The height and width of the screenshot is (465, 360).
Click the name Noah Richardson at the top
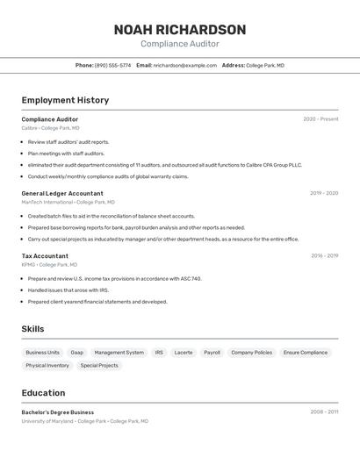point(179,29)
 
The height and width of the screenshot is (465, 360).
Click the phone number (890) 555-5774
point(112,65)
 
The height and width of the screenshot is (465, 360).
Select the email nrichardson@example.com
point(185,65)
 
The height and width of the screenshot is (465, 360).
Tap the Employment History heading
point(65,100)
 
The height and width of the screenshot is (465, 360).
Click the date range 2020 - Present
point(320,119)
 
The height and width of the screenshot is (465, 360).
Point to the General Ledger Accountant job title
point(62,193)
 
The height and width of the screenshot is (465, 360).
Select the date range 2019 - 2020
point(324,193)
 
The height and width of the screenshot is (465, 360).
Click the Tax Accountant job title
point(45,256)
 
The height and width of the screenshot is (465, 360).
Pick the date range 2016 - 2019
point(324,256)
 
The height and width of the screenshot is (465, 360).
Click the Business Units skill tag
point(43,353)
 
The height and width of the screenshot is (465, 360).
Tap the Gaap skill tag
point(77,353)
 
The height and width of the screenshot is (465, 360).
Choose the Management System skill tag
point(119,353)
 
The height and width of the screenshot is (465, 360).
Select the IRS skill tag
point(159,353)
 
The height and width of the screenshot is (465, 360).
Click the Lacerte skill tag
point(184,353)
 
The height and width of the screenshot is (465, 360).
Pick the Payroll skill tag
point(212,353)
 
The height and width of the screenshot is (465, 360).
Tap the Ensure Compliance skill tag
point(305,353)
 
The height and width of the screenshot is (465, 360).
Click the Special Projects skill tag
point(99,366)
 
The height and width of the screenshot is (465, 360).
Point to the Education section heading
point(43,393)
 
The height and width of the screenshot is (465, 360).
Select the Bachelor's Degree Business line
point(57,412)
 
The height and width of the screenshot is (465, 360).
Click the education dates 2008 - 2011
point(324,412)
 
